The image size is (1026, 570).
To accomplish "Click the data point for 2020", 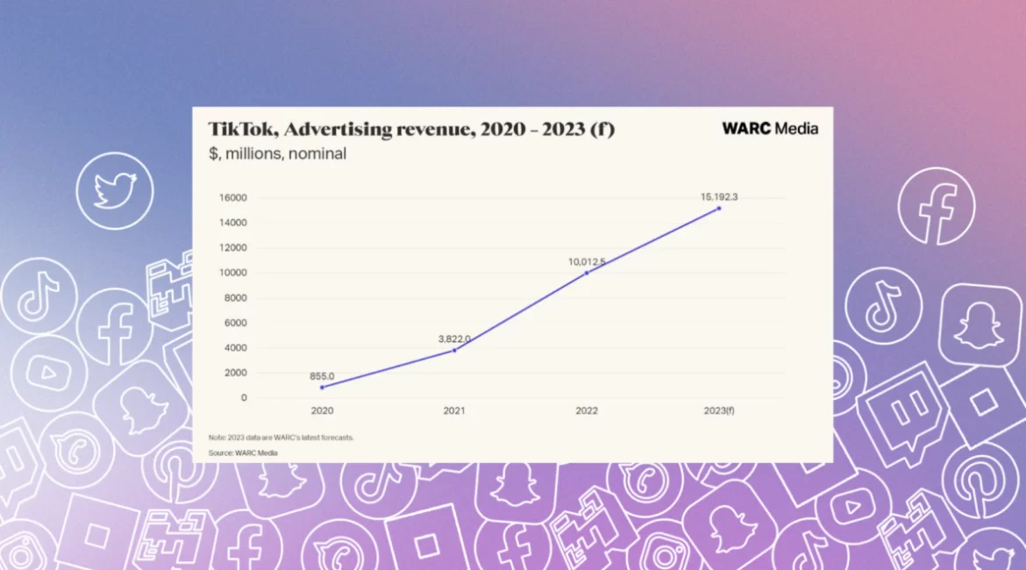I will pyautogui.click(x=322, y=387).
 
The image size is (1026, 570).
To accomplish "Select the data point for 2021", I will pyautogui.click(x=454, y=350).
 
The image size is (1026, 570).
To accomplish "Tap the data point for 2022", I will pyautogui.click(x=587, y=273).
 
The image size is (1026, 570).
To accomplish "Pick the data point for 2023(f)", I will pyautogui.click(x=719, y=208).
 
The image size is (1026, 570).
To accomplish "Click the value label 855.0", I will pyautogui.click(x=322, y=376).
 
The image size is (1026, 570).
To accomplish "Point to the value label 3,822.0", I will pyautogui.click(x=454, y=338).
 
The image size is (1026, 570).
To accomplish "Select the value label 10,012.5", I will pyautogui.click(x=587, y=261).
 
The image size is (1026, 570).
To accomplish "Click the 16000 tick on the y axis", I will pyautogui.click(x=232, y=198).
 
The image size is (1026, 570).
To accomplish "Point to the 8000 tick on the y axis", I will pyautogui.click(x=235, y=298).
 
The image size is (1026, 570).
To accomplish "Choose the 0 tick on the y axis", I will pyautogui.click(x=243, y=398).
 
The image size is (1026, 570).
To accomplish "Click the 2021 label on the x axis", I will pyautogui.click(x=454, y=410).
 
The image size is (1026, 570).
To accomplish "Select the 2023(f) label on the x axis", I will pyautogui.click(x=719, y=410).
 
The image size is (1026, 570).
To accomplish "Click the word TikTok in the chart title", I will pyautogui.click(x=242, y=130).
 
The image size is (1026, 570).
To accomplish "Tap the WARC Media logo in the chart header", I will pyautogui.click(x=770, y=128).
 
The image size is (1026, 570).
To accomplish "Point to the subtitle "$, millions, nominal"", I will pyautogui.click(x=277, y=154).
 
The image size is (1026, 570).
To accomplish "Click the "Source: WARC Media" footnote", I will pyautogui.click(x=243, y=452).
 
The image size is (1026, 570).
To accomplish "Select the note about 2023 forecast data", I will pyautogui.click(x=281, y=437).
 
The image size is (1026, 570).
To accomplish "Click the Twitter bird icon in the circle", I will pyautogui.click(x=115, y=190).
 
